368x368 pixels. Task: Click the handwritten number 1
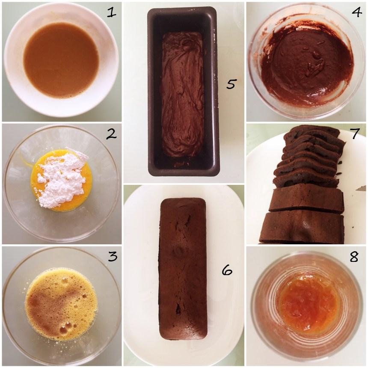pos(111,12)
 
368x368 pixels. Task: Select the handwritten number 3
pos(113,256)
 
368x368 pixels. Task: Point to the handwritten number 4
pos(356,12)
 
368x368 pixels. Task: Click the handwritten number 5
pos(231,84)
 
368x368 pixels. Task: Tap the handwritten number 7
pos(354,134)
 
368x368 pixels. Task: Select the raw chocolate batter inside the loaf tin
pos(183,98)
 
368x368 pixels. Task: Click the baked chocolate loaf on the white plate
pos(184,270)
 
